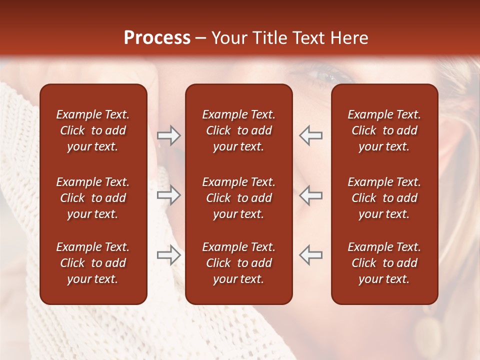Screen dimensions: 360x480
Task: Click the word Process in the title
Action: tap(157, 38)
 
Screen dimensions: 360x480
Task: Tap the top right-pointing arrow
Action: tap(168, 135)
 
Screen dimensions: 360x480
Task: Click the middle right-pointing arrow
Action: tap(168, 195)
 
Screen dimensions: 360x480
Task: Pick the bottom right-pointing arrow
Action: tap(168, 255)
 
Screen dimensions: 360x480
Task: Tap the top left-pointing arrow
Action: tap(311, 135)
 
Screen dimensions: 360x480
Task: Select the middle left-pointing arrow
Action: tap(311, 195)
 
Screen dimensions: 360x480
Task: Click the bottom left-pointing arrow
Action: tap(311, 255)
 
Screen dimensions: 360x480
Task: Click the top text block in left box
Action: tap(93, 130)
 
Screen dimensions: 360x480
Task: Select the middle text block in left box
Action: tap(93, 198)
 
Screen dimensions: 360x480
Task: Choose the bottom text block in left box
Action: tap(93, 263)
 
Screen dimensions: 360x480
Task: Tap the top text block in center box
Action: tap(238, 130)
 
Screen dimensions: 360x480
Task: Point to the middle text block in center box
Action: tap(238, 198)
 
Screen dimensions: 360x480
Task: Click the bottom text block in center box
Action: tap(238, 263)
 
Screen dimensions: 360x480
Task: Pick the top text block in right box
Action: tap(384, 130)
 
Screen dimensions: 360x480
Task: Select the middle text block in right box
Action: tap(384, 198)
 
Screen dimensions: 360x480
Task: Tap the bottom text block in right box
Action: tap(384, 263)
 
